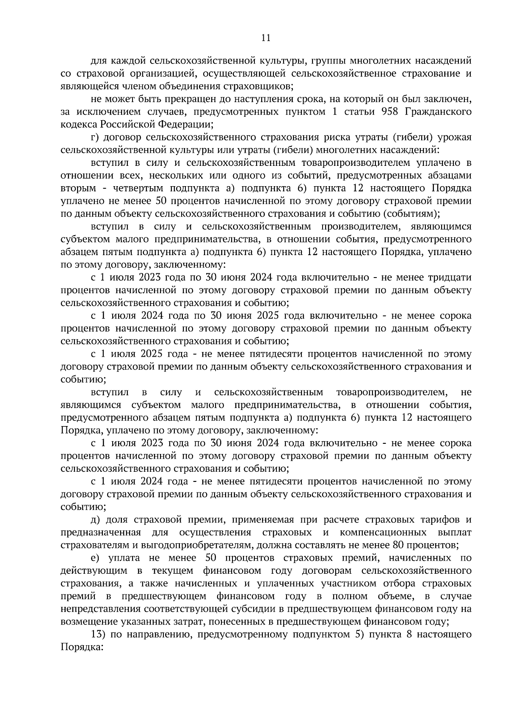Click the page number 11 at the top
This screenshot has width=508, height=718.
click(x=266, y=38)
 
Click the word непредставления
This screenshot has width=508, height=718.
click(x=100, y=609)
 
